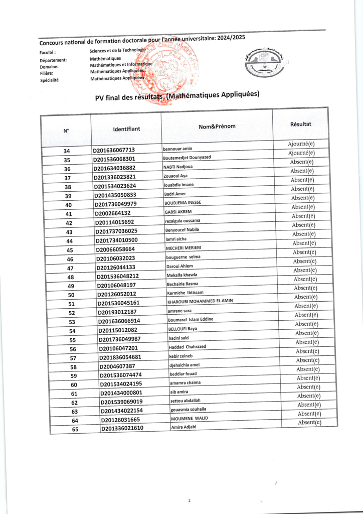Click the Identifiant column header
(x=126, y=129)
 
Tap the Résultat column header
(x=300, y=123)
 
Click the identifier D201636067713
(x=114, y=150)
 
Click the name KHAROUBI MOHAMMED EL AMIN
(x=200, y=301)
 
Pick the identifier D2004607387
(x=117, y=366)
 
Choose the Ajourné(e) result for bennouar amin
(x=301, y=144)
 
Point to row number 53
(x=72, y=322)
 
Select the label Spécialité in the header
(x=49, y=80)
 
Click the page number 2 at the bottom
(x=190, y=500)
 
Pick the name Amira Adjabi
(x=184, y=427)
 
